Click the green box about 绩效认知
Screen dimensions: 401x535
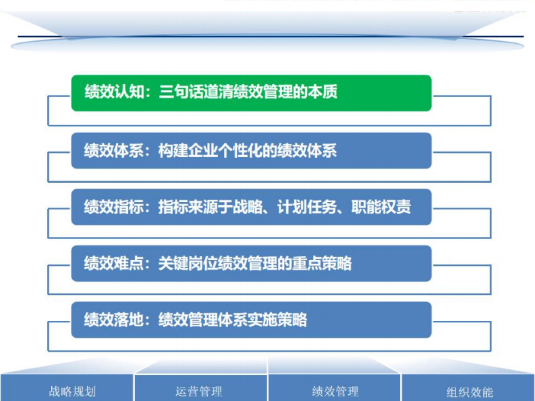click(x=251, y=93)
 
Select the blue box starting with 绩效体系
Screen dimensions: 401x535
click(x=251, y=151)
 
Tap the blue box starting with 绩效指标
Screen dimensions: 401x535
click(x=251, y=207)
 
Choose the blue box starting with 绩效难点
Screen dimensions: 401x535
click(x=251, y=263)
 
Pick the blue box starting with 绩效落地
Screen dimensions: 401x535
click(x=251, y=320)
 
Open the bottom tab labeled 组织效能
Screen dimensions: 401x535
click(x=469, y=392)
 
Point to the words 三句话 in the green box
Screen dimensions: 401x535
click(x=181, y=92)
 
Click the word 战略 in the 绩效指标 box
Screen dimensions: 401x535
click(x=247, y=207)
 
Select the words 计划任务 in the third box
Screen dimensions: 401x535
click(x=306, y=207)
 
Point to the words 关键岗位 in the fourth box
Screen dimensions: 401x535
click(x=188, y=263)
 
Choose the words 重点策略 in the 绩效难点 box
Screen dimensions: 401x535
click(x=321, y=263)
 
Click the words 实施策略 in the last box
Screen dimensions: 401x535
click(x=277, y=320)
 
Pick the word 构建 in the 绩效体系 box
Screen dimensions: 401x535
click(x=173, y=151)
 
